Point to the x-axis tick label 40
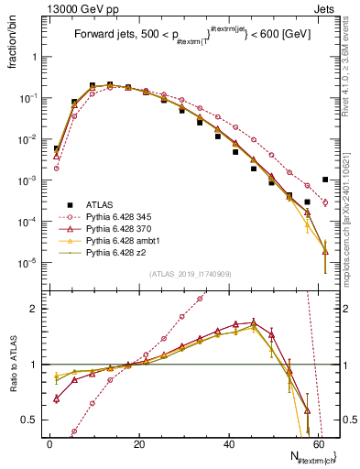[228, 444]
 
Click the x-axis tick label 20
[139, 444]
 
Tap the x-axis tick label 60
[318, 444]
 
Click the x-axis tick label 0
[49, 444]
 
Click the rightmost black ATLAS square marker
[325, 180]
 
